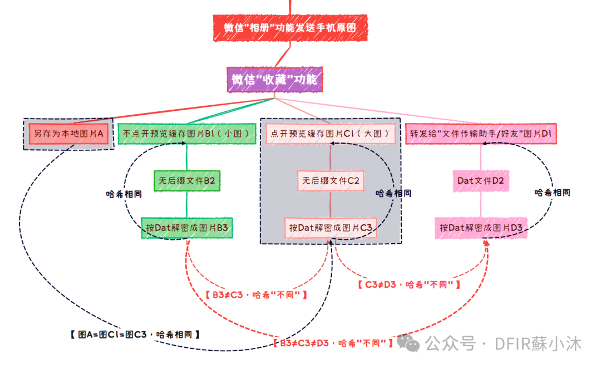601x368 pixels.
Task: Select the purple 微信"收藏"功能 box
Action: click(274, 80)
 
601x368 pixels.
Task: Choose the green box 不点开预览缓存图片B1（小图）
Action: click(187, 134)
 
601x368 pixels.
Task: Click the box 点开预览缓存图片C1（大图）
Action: click(331, 134)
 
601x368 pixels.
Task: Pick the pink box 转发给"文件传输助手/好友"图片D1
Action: click(481, 134)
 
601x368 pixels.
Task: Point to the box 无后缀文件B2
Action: click(187, 181)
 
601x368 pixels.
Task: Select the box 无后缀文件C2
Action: click(331, 181)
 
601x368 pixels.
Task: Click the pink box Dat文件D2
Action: click(481, 181)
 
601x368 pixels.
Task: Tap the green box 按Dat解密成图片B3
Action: click(187, 228)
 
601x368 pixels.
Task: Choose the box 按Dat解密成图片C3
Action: click(331, 228)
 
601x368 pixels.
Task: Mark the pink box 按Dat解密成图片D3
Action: click(481, 228)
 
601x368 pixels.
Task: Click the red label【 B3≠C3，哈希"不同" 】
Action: click(256, 295)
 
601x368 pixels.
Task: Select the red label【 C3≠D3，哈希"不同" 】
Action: click(409, 284)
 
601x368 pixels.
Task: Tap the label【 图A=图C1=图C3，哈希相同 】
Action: click(135, 335)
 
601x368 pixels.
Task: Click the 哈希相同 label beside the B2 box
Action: click(124, 195)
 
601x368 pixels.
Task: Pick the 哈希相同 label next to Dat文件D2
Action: click(552, 193)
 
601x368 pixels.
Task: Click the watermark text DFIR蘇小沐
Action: click(538, 344)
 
